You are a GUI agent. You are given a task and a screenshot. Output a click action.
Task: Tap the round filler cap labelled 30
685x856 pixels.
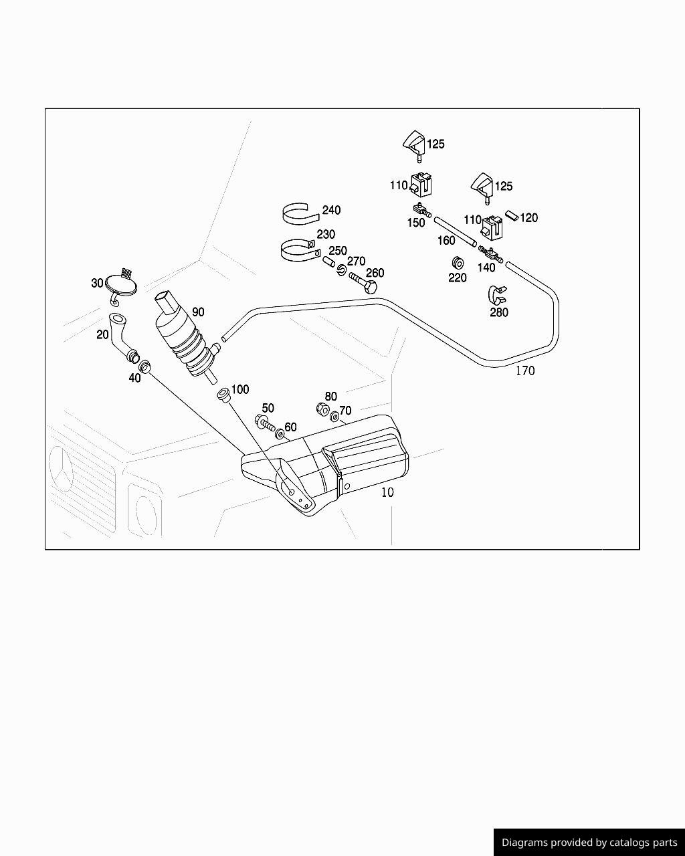point(121,287)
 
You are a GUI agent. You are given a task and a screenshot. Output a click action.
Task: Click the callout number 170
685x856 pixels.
point(525,370)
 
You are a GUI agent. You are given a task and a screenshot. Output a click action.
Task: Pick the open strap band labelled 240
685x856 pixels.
point(299,214)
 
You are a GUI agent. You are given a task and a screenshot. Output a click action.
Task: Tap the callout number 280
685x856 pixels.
point(499,312)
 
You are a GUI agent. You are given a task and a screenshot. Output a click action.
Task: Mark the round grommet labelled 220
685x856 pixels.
point(458,261)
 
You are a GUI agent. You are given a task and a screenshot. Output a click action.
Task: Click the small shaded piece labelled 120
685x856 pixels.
point(512,215)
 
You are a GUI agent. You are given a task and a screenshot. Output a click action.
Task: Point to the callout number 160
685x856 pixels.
point(446,241)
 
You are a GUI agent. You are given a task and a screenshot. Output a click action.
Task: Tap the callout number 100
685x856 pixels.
point(239,389)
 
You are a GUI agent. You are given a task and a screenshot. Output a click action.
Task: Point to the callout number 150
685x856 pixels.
point(416,223)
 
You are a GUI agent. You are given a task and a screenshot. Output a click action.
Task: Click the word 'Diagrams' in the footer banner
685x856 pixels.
point(526,843)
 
